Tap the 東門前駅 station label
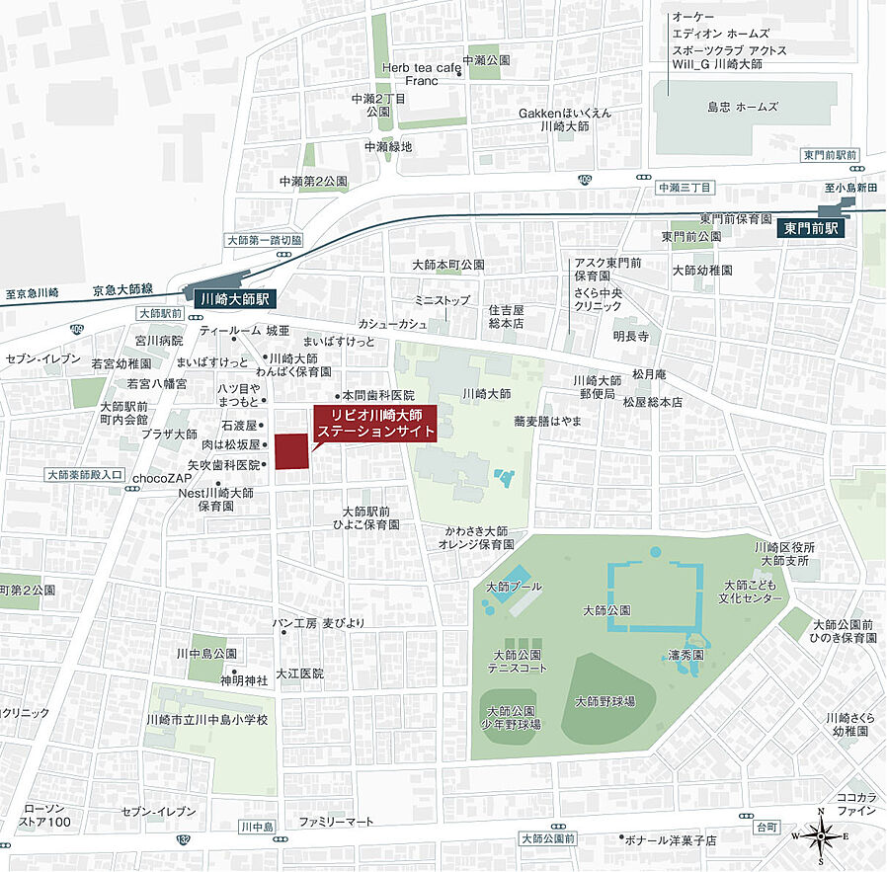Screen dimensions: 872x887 tap(810, 227)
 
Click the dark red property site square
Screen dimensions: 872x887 tap(290, 451)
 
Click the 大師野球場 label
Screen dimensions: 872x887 tap(604, 701)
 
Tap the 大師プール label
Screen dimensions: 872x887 tap(514, 587)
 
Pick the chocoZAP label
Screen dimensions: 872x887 tap(161, 478)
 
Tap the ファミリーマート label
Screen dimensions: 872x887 tap(337, 822)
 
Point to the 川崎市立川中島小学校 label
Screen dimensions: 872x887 tap(206, 720)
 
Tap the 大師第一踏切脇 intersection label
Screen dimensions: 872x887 tap(264, 240)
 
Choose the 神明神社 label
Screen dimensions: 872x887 tap(243, 679)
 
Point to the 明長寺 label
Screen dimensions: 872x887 tap(629, 336)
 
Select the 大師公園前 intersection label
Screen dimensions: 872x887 tap(547, 838)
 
